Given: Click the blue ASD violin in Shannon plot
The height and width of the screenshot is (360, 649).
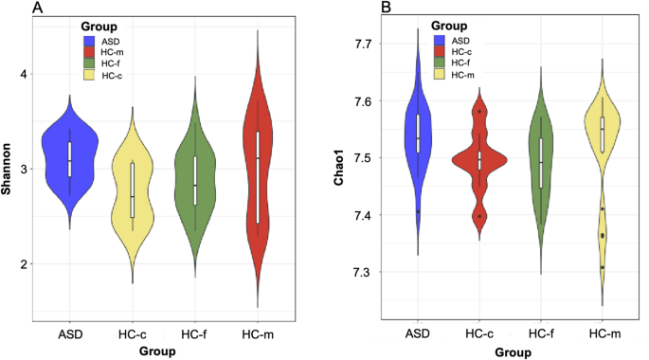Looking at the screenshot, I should [x=69, y=152].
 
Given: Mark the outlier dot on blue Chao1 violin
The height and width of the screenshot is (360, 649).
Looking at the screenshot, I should [x=418, y=211].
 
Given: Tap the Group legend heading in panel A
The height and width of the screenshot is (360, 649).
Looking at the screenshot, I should [x=100, y=27].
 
